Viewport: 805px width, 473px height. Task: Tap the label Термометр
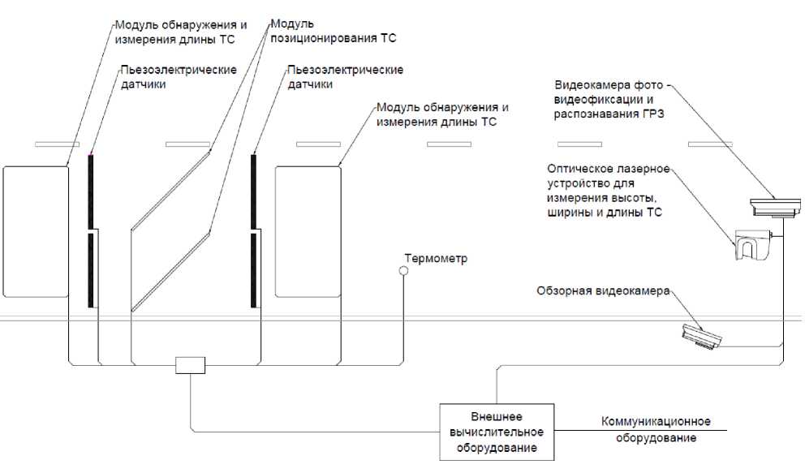pyautogui.click(x=437, y=259)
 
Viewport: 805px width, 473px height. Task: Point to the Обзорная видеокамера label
pyautogui.click(x=603, y=290)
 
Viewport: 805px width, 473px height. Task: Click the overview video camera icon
pyautogui.click(x=700, y=336)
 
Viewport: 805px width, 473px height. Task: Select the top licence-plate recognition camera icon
pyautogui.click(x=774, y=208)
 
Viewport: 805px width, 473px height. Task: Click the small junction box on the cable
pyautogui.click(x=190, y=365)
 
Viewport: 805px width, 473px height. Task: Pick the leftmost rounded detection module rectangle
pyautogui.click(x=35, y=231)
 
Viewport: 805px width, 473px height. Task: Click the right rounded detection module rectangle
pyautogui.click(x=307, y=231)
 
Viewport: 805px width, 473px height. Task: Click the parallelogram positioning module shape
pyautogui.click(x=171, y=231)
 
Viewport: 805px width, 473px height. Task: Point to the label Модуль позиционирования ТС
pyautogui.click(x=332, y=31)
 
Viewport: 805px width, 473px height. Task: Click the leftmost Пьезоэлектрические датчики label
pyautogui.click(x=178, y=77)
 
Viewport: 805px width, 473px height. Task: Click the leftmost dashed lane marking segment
pyautogui.click(x=57, y=144)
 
